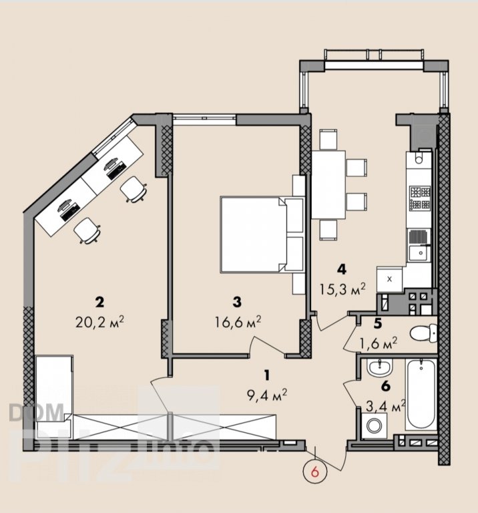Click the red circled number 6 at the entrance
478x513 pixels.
coord(315,472)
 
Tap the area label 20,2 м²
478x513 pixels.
coord(99,323)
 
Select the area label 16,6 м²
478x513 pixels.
coord(238,323)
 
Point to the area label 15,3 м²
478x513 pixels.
coord(342,289)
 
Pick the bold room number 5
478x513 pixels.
coord(378,324)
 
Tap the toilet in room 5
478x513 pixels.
coord(423,333)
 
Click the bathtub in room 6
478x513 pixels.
coord(421,395)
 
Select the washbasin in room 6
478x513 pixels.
coord(380,367)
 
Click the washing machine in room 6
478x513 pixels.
coord(375,425)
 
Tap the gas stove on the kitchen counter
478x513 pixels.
coord(420,198)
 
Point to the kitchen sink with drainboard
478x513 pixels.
coord(419,245)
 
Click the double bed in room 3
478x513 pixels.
coord(262,234)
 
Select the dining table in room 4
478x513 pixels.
coord(328,184)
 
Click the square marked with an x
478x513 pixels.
coord(389,279)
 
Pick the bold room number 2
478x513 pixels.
coord(99,302)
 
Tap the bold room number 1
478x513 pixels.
coord(267,375)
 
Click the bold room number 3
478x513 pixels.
coord(237,302)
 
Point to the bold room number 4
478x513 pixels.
coord(342,269)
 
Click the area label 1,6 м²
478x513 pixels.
coord(379,343)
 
